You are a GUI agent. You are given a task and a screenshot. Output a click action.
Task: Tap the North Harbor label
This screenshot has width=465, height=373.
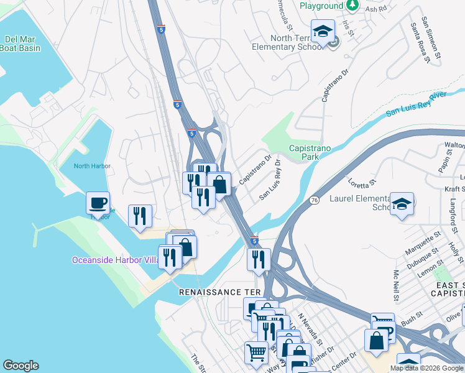(x=92, y=166)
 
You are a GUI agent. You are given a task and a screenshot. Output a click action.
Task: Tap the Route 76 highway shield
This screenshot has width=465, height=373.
(x=315, y=200)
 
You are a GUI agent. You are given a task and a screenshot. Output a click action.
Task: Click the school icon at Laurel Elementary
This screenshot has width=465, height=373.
(x=402, y=204)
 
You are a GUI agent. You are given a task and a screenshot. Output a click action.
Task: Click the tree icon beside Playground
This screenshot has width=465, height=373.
(x=353, y=6)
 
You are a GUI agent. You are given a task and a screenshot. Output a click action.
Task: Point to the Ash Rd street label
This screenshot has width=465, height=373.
(x=375, y=9)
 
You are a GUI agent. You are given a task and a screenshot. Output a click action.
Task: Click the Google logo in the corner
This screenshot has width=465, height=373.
(x=21, y=365)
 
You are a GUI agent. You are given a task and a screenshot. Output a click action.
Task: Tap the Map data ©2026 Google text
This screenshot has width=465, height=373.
(x=426, y=368)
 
